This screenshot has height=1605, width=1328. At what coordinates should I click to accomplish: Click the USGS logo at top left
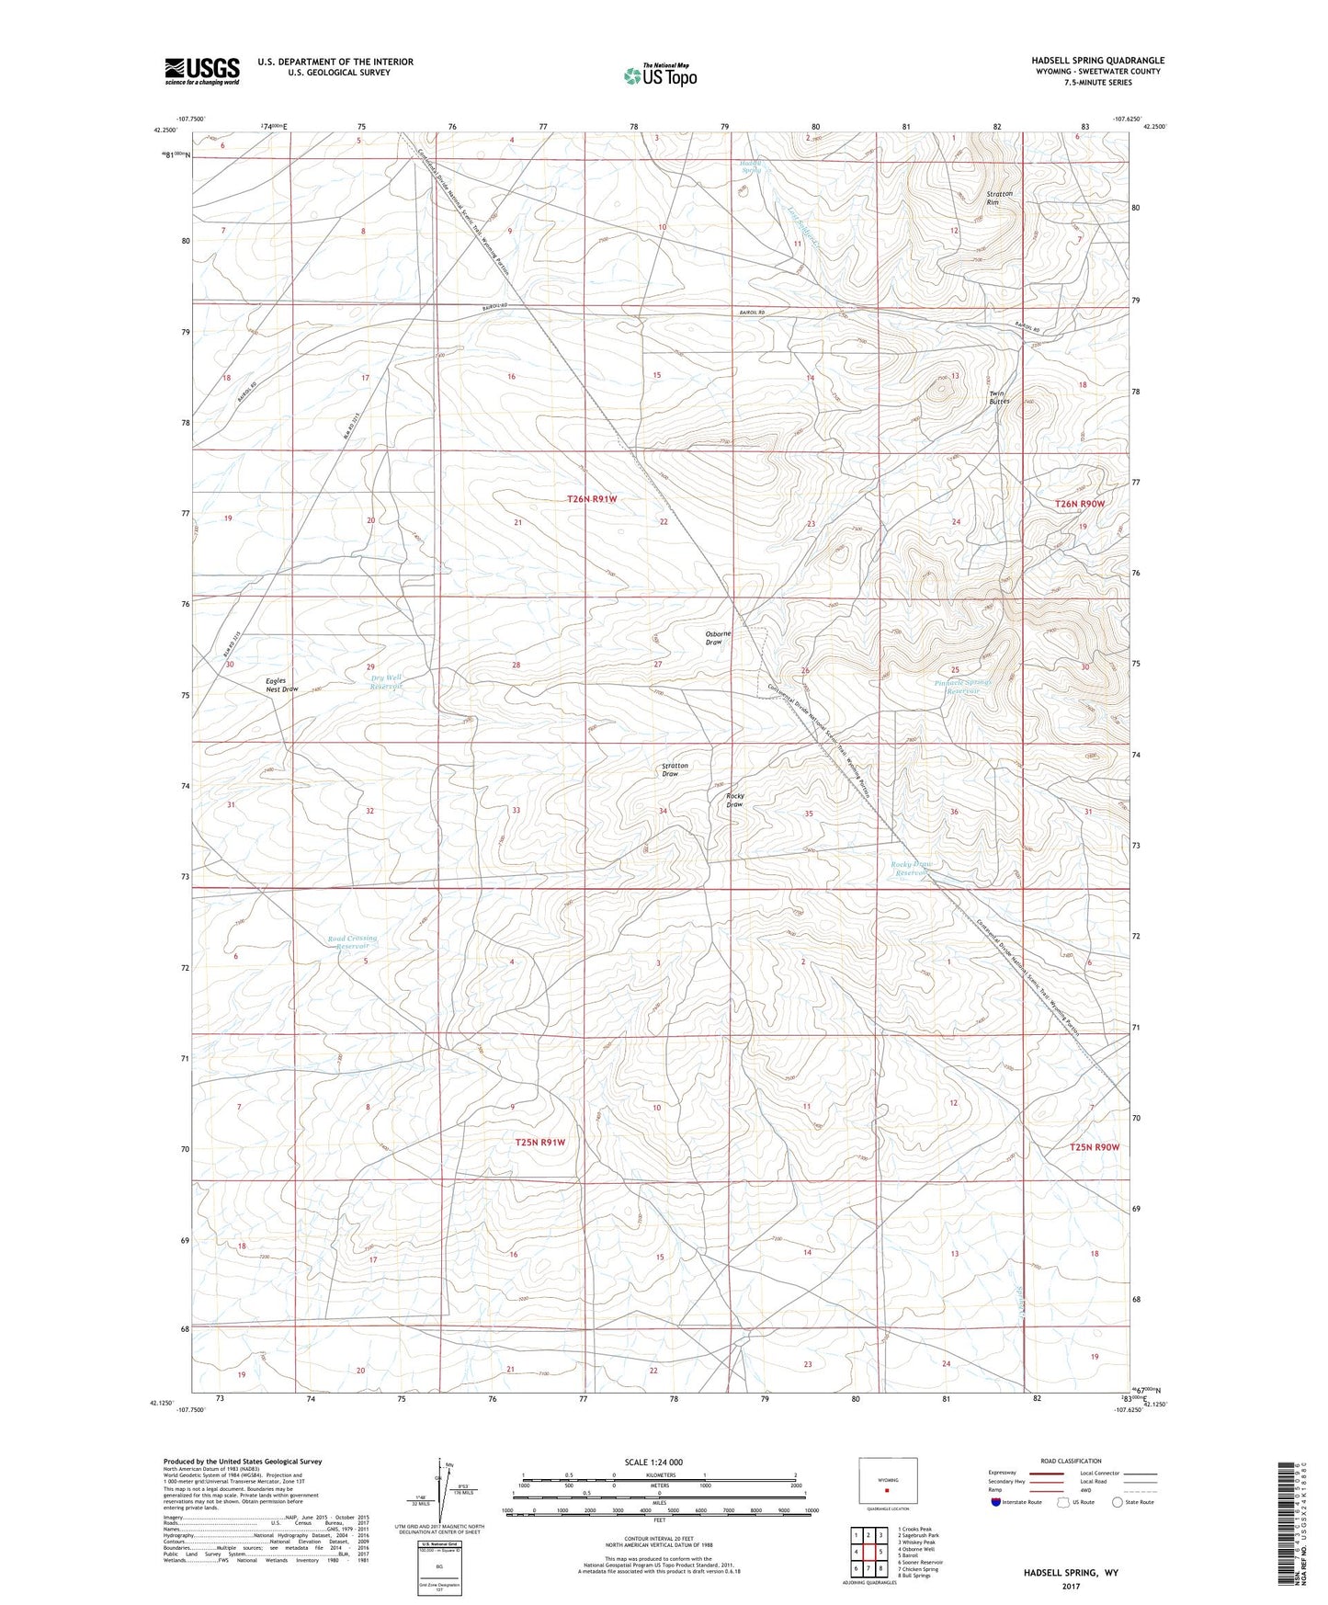click(x=202, y=71)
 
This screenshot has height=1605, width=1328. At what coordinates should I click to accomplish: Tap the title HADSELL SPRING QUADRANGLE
click(x=1097, y=61)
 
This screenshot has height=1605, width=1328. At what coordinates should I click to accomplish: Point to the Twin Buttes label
click(x=999, y=396)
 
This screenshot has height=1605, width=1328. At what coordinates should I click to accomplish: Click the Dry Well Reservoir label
click(x=386, y=682)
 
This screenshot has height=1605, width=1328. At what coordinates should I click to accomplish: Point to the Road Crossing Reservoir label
click(x=352, y=942)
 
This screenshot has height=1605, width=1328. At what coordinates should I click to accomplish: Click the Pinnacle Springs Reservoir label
click(x=963, y=687)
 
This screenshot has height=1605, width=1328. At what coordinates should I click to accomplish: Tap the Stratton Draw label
click(x=675, y=769)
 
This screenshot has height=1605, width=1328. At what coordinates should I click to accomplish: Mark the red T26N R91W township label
click(x=591, y=499)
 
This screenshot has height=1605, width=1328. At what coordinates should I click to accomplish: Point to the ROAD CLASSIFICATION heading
click(x=1046, y=1461)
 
